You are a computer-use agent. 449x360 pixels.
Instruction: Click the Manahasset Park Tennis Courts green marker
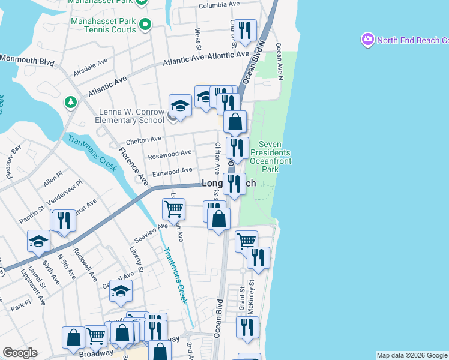click(145, 25)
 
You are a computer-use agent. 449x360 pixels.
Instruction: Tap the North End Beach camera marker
click(367, 40)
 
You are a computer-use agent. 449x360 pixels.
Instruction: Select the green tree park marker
click(71, 102)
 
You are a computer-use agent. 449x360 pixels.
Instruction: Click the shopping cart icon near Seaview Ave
click(173, 209)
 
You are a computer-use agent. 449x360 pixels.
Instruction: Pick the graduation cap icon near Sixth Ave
click(38, 241)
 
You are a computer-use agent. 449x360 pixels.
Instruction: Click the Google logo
click(20, 353)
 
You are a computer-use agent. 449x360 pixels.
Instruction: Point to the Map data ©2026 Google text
click(411, 355)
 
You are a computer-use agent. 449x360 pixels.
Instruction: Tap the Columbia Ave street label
click(221, 5)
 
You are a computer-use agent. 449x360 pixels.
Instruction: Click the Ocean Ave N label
click(279, 60)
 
